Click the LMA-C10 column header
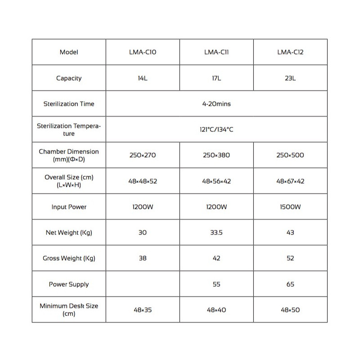click(x=143, y=52)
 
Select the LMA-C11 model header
click(x=216, y=52)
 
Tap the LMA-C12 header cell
click(x=290, y=52)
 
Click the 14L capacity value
click(x=143, y=78)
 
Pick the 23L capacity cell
click(x=290, y=78)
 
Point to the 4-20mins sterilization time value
click(x=216, y=104)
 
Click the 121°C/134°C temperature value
click(x=216, y=130)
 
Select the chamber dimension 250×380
click(x=216, y=155)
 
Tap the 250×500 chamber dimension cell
click(x=290, y=155)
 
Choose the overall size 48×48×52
click(x=143, y=181)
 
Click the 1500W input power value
click(x=290, y=207)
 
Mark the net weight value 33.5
click(x=216, y=233)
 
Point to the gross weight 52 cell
click(x=290, y=258)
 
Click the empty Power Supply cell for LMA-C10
click(x=143, y=284)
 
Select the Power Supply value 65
click(x=290, y=284)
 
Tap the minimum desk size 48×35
click(x=143, y=310)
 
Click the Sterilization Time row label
click(x=69, y=104)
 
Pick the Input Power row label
click(x=69, y=207)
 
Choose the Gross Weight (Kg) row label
click(x=69, y=258)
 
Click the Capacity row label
click(x=69, y=78)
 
